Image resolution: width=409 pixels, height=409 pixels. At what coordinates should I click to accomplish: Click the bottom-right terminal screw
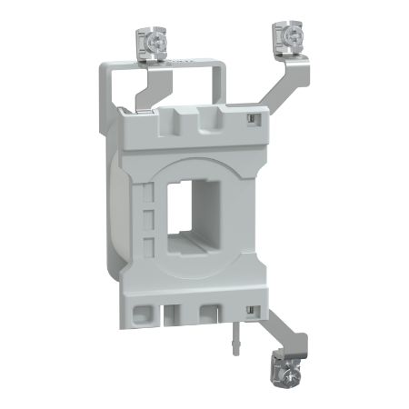coord(275,372)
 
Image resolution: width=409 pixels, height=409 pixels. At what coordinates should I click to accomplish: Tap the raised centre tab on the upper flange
coord(193,117)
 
